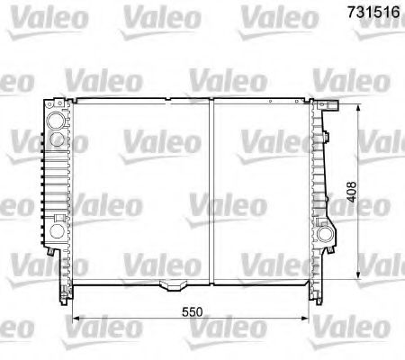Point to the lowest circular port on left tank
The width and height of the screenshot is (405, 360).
tap(57, 231)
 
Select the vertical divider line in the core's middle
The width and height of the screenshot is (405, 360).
tap(210, 189)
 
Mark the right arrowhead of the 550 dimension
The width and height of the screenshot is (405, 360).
tap(303, 319)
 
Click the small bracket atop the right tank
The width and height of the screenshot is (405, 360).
tap(331, 106)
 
